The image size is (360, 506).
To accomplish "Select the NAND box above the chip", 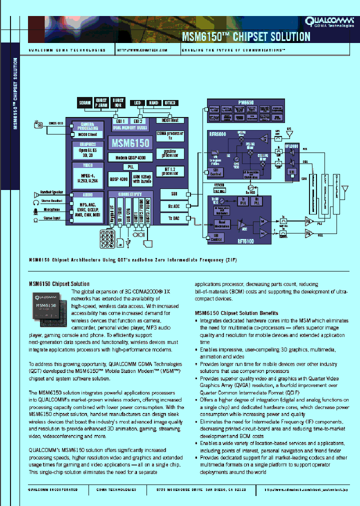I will tap(153, 103).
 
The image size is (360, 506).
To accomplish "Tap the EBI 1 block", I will tap(120, 121).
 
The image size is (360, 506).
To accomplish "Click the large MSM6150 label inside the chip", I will tap(130, 143).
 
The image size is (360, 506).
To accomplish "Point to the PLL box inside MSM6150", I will tap(130, 166).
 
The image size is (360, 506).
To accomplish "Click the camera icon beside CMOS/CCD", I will tap(38, 124).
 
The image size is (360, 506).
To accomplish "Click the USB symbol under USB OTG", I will tap(129, 242).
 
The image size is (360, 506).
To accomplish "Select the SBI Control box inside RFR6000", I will tap(216, 172).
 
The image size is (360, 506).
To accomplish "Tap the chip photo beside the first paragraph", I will tap(49, 306).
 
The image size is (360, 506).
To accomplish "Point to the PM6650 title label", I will tap(246, 102).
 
